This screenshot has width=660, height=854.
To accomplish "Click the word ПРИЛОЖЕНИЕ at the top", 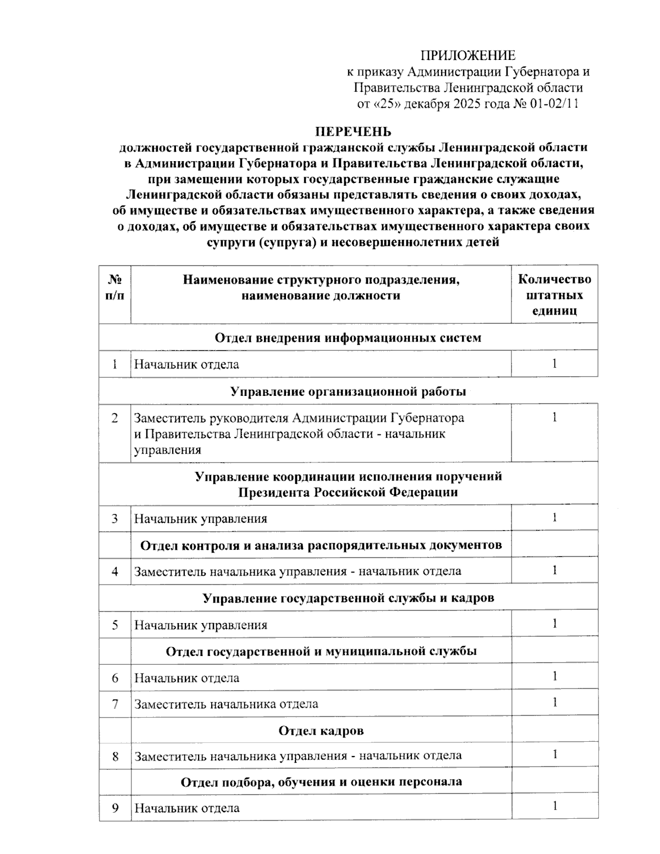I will [x=468, y=55].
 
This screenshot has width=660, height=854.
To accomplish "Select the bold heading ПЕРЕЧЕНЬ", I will [x=353, y=131].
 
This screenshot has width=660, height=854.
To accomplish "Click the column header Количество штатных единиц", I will [x=554, y=295].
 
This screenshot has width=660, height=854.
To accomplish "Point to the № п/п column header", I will [x=114, y=287].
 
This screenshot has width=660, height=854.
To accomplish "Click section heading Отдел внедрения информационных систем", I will [x=348, y=337].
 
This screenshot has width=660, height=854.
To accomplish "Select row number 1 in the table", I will [x=114, y=364].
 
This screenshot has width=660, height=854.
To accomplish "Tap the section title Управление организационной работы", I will [x=348, y=392].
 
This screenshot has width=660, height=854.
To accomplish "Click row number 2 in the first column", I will [x=114, y=418].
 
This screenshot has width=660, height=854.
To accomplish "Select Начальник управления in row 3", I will [x=201, y=519].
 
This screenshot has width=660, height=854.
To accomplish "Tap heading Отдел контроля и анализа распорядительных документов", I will [x=321, y=545].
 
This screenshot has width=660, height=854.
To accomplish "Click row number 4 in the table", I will [x=114, y=571].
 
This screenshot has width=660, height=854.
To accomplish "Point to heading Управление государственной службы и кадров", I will [x=348, y=598].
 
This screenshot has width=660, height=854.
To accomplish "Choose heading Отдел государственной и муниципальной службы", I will [x=321, y=651].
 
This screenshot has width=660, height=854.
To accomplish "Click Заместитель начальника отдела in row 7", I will [x=226, y=704].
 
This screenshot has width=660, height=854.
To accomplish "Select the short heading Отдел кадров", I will [x=321, y=730].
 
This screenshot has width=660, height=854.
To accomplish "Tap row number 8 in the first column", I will [x=114, y=756].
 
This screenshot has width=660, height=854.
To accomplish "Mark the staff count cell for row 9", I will [x=554, y=807].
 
